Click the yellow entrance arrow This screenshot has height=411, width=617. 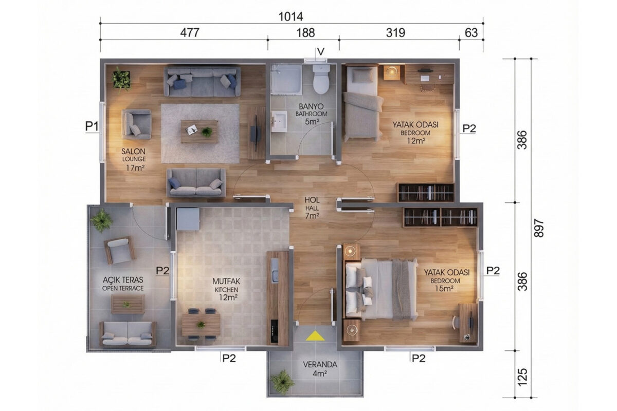point(315,336)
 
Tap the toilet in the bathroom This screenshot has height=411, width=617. point(321,79)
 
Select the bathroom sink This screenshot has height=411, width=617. point(279,121)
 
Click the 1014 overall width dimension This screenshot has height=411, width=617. point(291,17)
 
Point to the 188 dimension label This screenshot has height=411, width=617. point(305,33)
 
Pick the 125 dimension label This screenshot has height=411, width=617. point(522,377)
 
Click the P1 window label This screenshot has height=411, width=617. point(92,126)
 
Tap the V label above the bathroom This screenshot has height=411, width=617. point(321,51)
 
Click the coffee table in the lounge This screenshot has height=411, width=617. point(199,132)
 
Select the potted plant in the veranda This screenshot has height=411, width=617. point(282,382)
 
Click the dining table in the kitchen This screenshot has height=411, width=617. point(201,325)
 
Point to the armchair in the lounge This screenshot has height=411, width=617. point(137,124)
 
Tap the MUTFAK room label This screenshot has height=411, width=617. point(226,282)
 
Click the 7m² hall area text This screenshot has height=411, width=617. point(312,216)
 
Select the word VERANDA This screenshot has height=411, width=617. point(320,365)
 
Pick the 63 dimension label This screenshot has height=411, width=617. point(471,33)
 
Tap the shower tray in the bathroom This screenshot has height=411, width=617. point(286,79)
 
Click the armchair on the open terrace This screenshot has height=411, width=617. point(120,250)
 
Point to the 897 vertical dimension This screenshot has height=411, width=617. point(538,228)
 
